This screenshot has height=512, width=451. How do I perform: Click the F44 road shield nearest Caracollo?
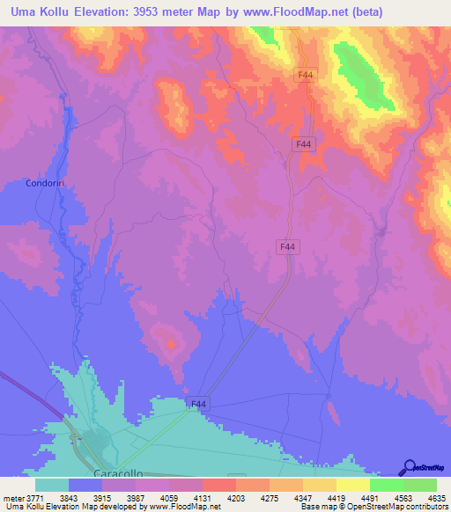(x=198, y=404)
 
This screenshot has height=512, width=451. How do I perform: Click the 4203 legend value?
(x=236, y=497)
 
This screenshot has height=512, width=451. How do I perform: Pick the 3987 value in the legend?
(x=136, y=497)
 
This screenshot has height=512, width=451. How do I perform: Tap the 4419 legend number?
(x=336, y=497)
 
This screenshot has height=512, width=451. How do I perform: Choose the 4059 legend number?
(x=169, y=497)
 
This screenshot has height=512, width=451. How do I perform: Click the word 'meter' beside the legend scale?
(x=11, y=497)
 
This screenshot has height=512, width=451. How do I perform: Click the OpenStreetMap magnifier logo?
(x=408, y=468)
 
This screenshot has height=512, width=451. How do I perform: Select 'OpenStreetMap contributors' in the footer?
(x=404, y=508)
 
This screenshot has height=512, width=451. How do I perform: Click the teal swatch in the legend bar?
(x=52, y=485)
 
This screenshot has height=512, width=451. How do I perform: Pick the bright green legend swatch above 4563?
(x=387, y=485)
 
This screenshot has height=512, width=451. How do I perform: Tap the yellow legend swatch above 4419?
(x=320, y=485)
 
